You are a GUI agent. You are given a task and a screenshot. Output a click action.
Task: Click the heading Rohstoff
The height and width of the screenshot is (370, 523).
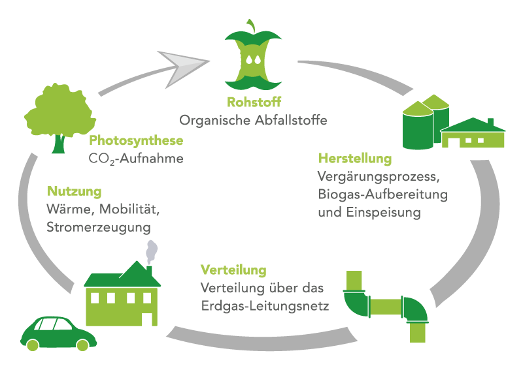click(254, 102)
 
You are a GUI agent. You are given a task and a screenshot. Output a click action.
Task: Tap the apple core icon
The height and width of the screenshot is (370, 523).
click(254, 61)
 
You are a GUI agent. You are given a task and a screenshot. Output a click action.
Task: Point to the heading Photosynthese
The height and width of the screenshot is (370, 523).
click(136, 140)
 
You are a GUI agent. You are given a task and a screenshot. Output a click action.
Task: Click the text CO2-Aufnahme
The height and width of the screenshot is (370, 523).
click(136, 158)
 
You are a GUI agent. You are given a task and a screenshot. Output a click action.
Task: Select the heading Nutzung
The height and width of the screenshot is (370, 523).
click(75, 192)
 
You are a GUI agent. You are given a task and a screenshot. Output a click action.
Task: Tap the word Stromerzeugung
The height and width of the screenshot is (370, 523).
click(99, 228)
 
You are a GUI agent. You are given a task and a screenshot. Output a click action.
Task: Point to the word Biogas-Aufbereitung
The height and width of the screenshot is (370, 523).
click(382, 194)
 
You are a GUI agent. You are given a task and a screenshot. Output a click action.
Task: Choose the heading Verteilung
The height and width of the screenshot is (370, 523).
click(233, 270)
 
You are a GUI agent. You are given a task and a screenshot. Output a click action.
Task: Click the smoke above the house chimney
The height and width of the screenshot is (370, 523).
click(151, 251)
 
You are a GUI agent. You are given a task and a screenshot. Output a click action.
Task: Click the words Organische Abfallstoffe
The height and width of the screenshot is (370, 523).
click(254, 121)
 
